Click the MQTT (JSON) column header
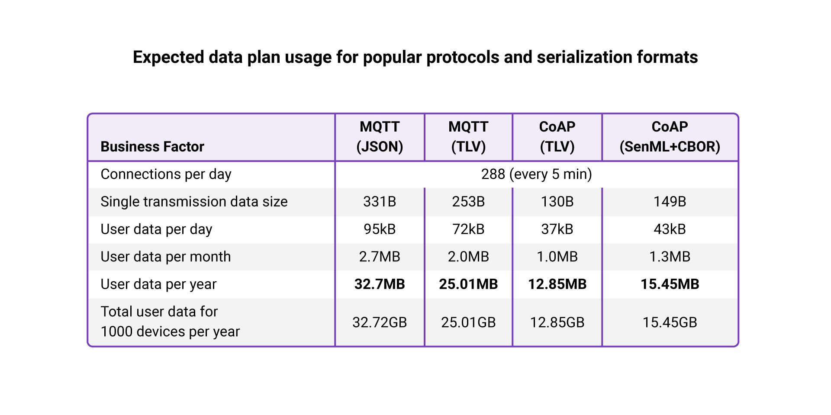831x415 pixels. [x=380, y=137]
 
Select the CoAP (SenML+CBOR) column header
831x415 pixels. [x=670, y=137]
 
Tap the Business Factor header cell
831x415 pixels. [x=152, y=147]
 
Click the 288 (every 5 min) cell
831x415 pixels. [x=536, y=174]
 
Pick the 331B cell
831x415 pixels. [x=380, y=202]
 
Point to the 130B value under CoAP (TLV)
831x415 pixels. [x=557, y=202]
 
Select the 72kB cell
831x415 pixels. [x=468, y=229]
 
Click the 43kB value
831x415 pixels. [x=670, y=229]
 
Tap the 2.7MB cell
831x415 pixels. [x=380, y=257]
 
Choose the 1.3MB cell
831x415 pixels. [x=670, y=257]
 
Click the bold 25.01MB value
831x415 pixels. [x=468, y=284]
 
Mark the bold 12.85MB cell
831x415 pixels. [x=557, y=284]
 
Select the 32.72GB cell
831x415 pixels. [x=380, y=322]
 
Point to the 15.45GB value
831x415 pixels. [x=670, y=322]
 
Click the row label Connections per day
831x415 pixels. [x=166, y=174]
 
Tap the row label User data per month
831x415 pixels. [x=165, y=257]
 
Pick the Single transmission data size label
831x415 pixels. [x=194, y=202]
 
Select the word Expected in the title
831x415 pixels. [x=168, y=57]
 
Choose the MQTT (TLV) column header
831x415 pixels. [x=468, y=137]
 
